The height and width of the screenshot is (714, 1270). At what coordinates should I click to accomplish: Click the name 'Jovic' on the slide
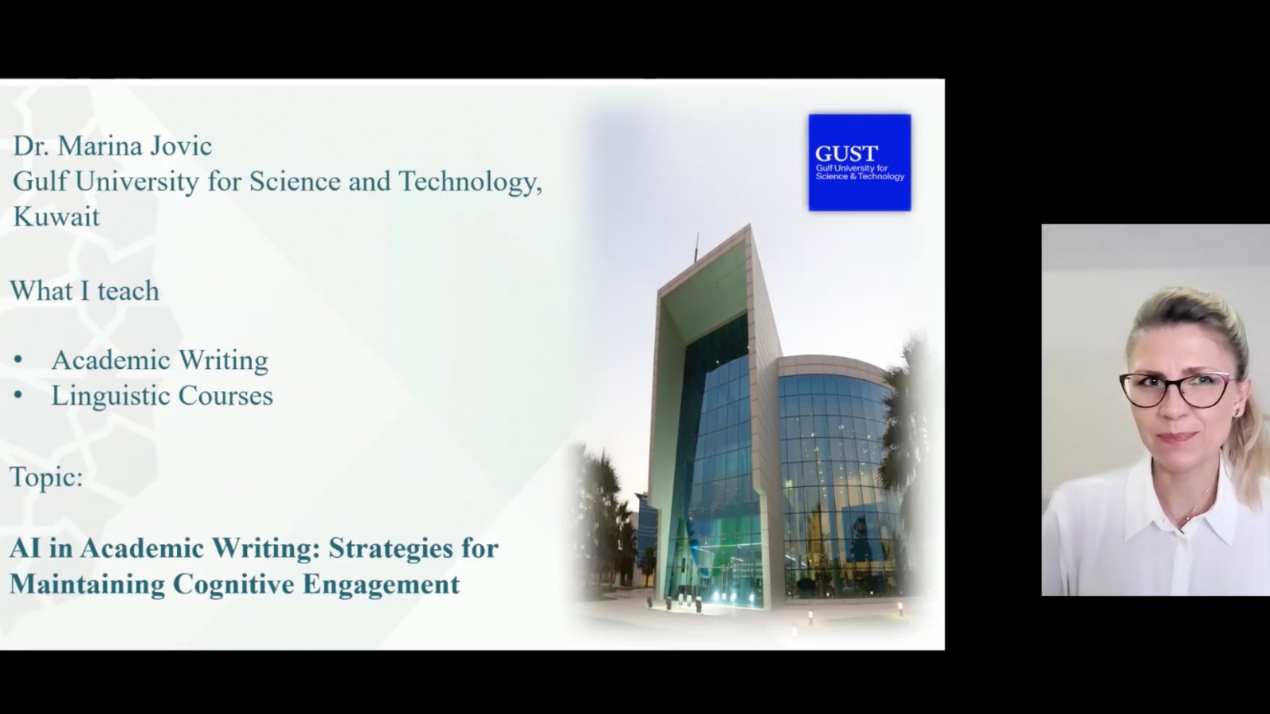[181, 146]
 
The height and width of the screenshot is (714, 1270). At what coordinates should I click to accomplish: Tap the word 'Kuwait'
[56, 217]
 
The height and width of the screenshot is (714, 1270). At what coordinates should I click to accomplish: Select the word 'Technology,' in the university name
[470, 182]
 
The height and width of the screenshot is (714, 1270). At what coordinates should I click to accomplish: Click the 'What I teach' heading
[85, 290]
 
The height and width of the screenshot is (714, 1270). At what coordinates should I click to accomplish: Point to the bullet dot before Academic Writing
[18, 360]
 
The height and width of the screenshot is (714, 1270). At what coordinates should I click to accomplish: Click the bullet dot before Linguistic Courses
[18, 395]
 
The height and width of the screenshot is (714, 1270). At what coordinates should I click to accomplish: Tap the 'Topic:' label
[47, 477]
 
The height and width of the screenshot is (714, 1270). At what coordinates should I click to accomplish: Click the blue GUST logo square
[860, 163]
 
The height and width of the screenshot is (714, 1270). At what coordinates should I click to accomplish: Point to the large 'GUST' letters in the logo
[846, 154]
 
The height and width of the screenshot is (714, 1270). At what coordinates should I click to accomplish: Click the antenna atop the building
[696, 248]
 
